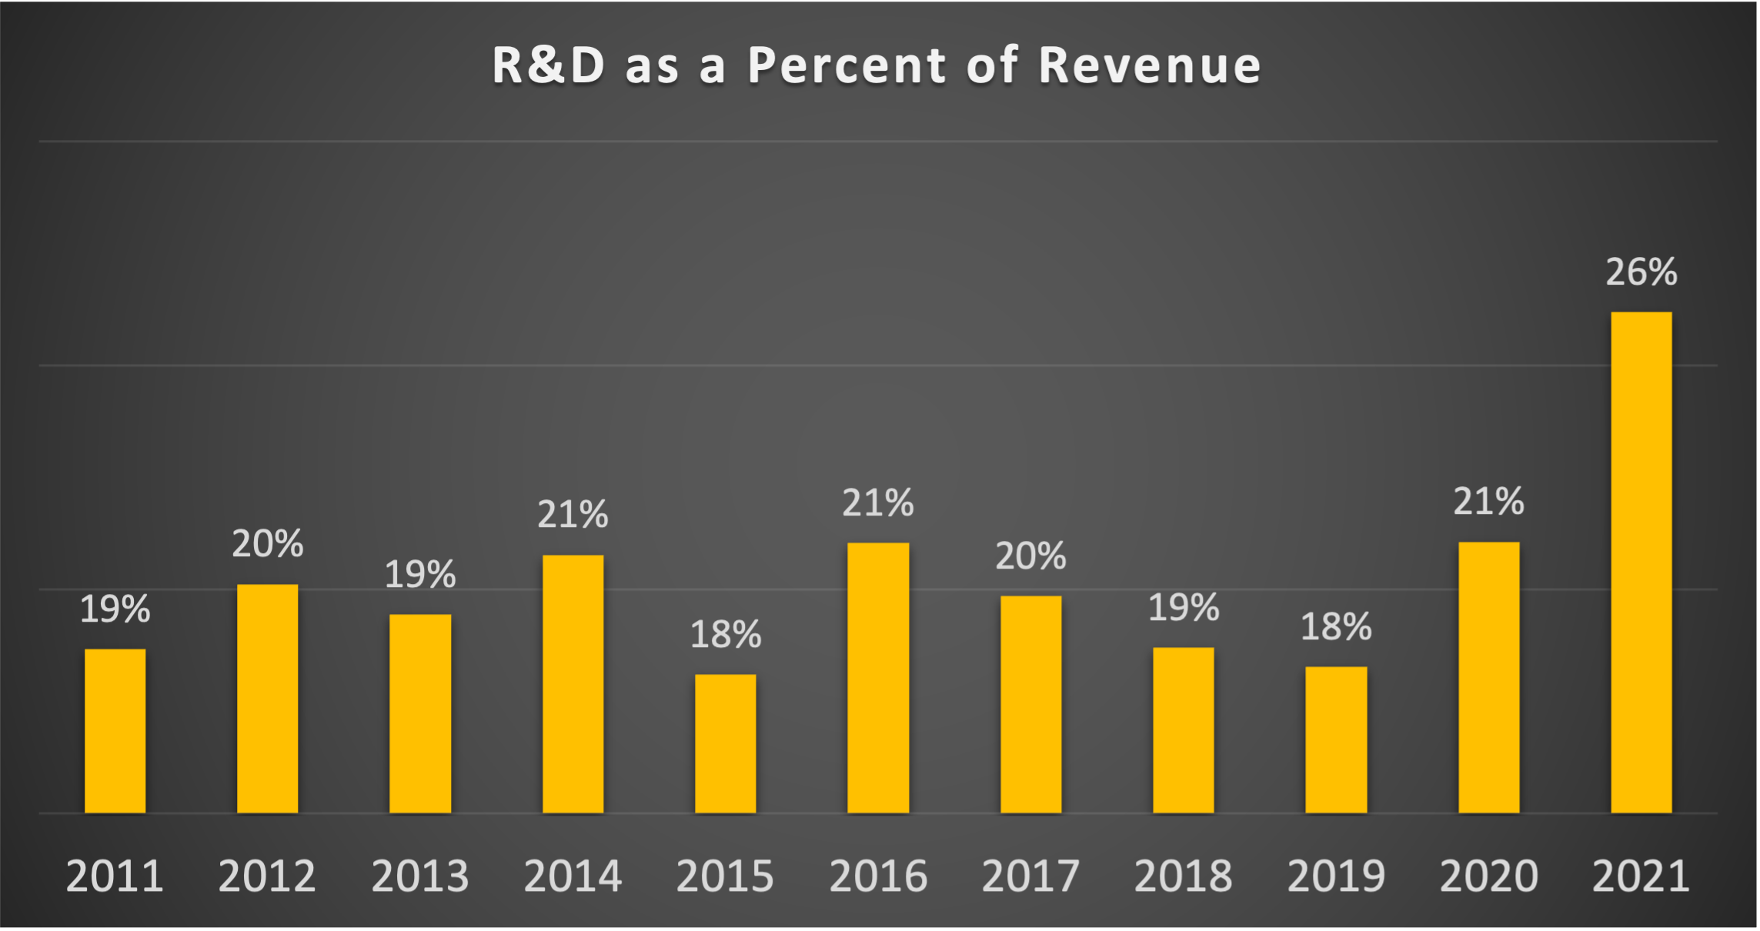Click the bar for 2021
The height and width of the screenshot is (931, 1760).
click(x=1641, y=562)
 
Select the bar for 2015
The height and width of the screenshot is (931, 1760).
click(x=725, y=743)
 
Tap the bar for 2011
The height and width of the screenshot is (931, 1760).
click(x=115, y=731)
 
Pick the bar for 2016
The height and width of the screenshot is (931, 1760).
click(x=877, y=677)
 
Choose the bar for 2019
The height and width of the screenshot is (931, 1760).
click(x=1336, y=739)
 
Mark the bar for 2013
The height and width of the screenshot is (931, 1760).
click(x=420, y=713)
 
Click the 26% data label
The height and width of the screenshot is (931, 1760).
click(x=1641, y=272)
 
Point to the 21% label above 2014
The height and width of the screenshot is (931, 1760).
click(x=573, y=514)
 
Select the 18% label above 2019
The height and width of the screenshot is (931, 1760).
click(x=1336, y=626)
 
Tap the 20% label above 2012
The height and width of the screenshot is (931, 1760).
click(x=267, y=544)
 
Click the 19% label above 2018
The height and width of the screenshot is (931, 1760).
click(x=1184, y=608)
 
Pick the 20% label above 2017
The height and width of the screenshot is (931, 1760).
click(x=1030, y=556)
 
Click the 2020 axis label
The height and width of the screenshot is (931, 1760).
click(x=1488, y=876)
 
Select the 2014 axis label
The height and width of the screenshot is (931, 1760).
click(x=573, y=876)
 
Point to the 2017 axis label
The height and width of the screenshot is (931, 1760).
click(x=1030, y=876)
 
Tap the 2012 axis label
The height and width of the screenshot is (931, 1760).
click(x=267, y=876)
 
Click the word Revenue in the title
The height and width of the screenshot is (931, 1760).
click(x=1150, y=65)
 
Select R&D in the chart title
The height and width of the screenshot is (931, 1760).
click(x=549, y=65)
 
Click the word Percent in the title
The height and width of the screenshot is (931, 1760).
click(x=847, y=65)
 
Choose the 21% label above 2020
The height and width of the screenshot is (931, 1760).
click(x=1488, y=502)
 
